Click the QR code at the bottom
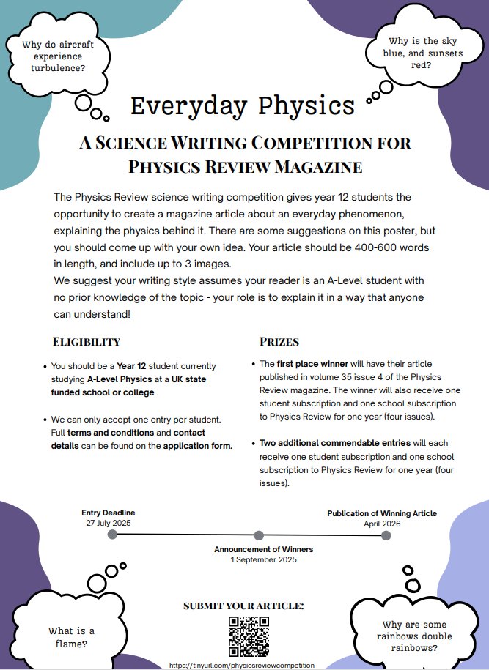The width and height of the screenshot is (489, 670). (x=249, y=636)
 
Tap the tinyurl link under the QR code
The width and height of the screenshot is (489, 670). (x=241, y=665)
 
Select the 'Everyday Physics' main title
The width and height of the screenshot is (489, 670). (x=242, y=105)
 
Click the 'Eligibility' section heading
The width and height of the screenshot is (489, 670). (x=87, y=342)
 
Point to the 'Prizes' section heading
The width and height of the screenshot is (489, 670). (x=279, y=342)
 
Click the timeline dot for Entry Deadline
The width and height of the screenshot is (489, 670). (x=112, y=535)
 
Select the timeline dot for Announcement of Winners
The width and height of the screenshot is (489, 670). (x=259, y=535)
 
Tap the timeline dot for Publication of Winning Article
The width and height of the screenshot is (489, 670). (x=386, y=535)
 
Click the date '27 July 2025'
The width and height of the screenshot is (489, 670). (x=109, y=524)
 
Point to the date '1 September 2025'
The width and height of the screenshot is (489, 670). (x=263, y=559)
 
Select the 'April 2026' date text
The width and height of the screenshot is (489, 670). (x=382, y=524)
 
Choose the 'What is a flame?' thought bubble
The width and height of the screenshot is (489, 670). (x=71, y=637)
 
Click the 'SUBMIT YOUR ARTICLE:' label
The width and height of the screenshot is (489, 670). (x=243, y=606)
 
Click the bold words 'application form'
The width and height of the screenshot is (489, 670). (x=197, y=446)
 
